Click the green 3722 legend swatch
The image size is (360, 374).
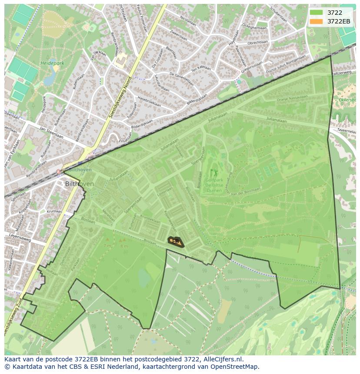[x=316, y=13]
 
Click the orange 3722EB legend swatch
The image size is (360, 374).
[x=316, y=21]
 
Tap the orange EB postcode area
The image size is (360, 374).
[x=176, y=242]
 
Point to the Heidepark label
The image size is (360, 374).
[x=52, y=63]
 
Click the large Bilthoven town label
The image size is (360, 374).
[x=79, y=184]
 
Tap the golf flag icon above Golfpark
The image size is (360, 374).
[x=213, y=173]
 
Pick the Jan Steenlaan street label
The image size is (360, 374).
[x=51, y=132]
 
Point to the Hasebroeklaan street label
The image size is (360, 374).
[x=149, y=102]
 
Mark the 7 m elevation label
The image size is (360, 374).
[x=107, y=245]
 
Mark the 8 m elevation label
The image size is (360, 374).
[x=124, y=246]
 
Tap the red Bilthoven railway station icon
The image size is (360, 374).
[x=59, y=172]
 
